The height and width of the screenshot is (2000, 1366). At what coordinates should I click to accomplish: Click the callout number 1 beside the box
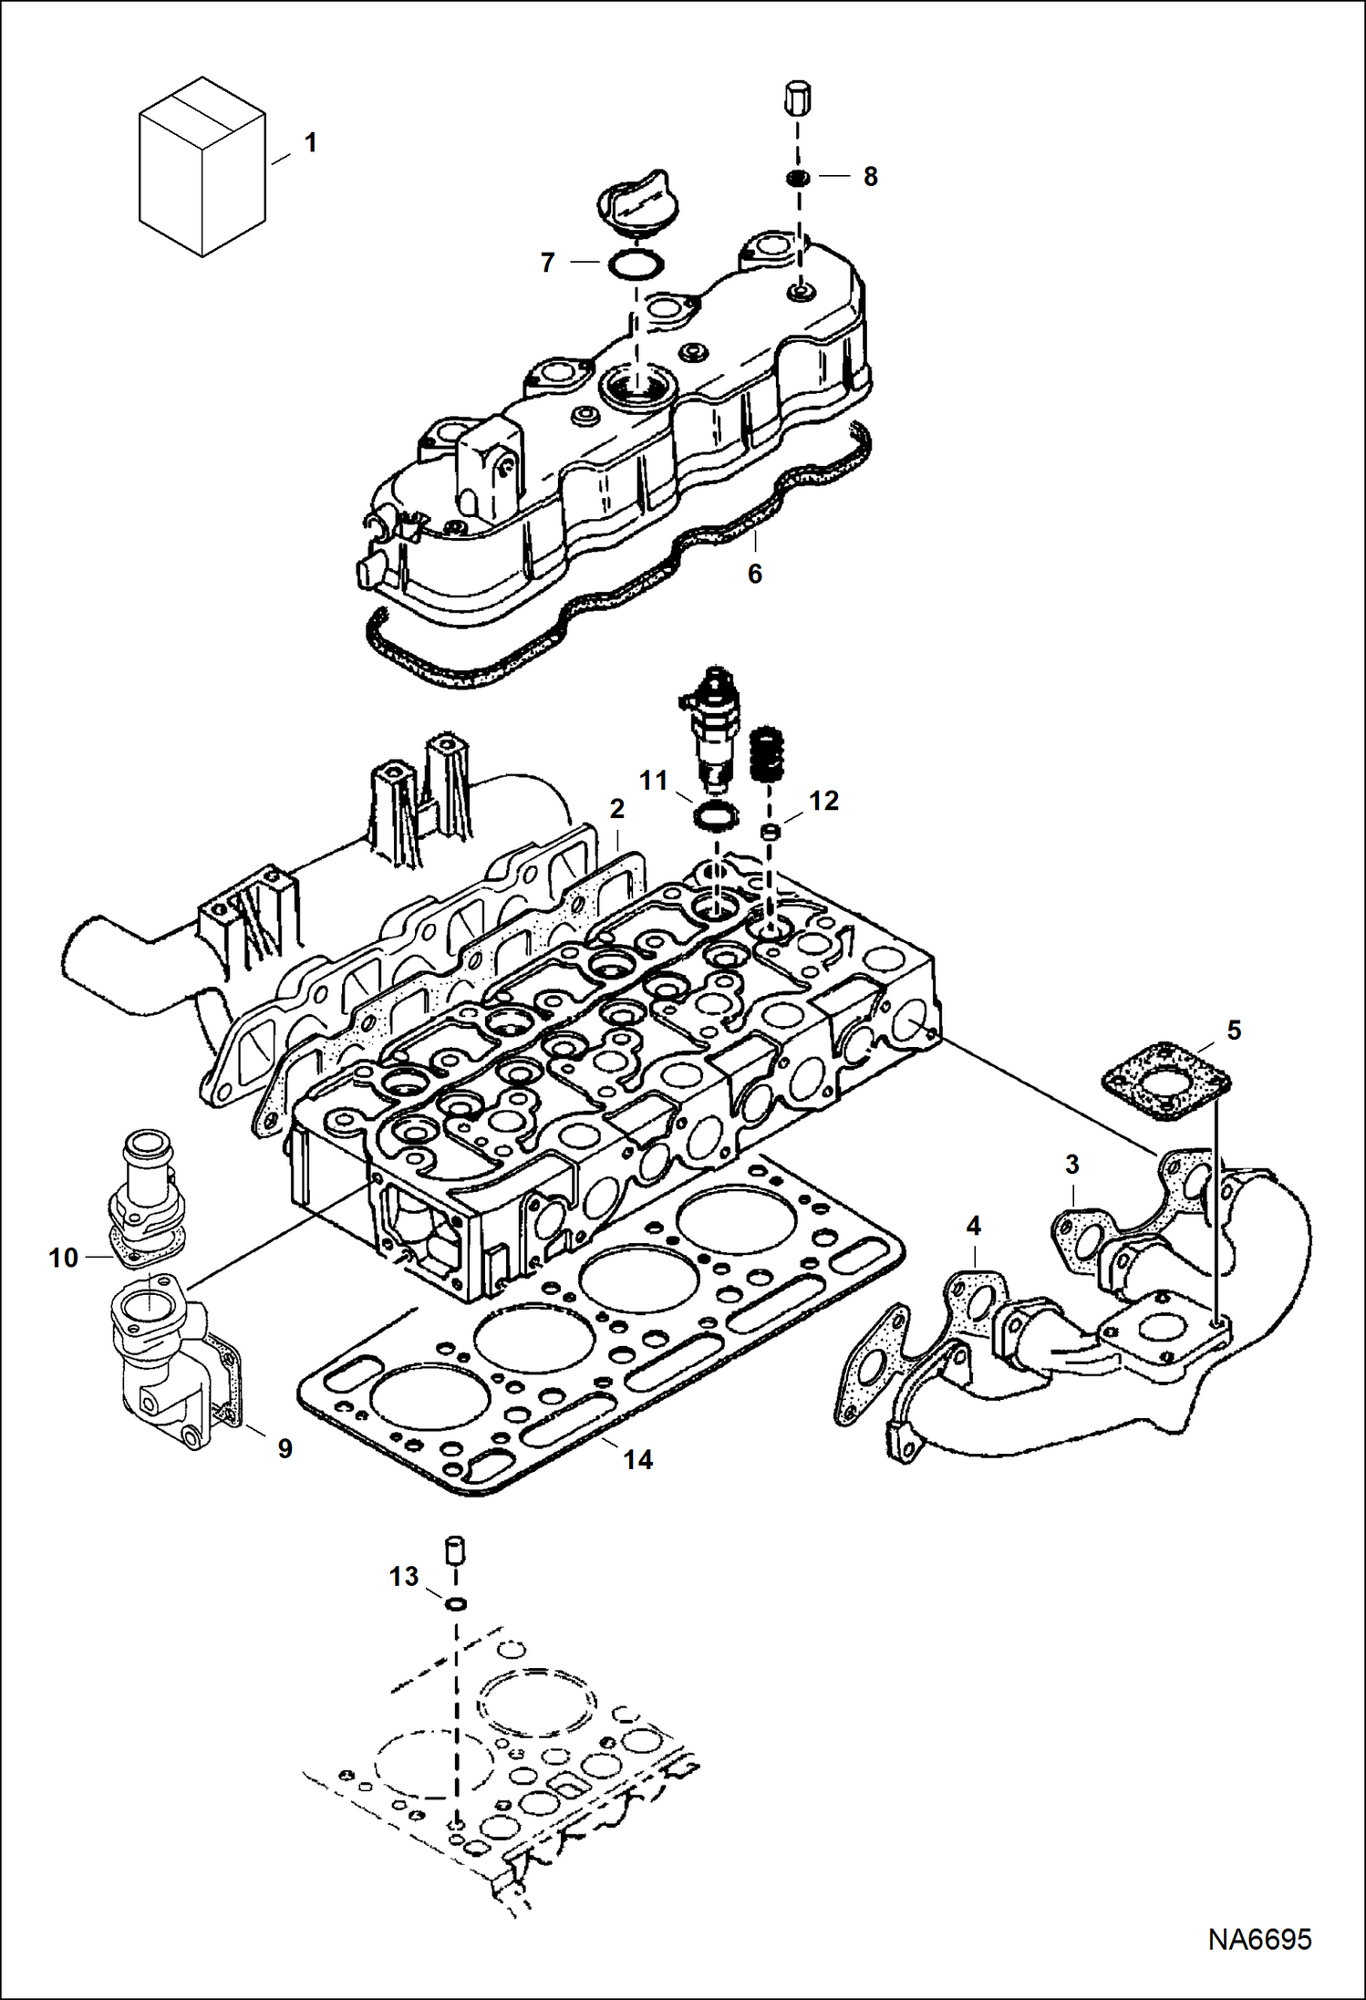(x=310, y=143)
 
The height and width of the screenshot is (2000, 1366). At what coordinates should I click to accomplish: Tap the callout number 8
(x=870, y=177)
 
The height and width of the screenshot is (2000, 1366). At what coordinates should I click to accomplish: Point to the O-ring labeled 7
(x=636, y=264)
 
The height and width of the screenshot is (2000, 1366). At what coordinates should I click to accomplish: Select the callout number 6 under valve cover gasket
(x=754, y=574)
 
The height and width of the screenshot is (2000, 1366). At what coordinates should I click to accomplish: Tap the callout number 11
(x=653, y=781)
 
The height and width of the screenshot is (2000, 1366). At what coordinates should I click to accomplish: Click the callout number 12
(x=823, y=801)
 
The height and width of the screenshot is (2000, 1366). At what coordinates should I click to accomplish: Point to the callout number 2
(x=617, y=809)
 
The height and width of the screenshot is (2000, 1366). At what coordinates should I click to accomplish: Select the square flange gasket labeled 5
(x=1166, y=1086)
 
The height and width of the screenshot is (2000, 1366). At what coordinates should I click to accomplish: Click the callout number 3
(x=1071, y=1165)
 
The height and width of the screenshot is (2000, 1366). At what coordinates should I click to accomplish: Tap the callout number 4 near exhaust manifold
(x=973, y=1227)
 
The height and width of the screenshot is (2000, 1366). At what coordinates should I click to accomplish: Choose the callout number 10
(x=63, y=1259)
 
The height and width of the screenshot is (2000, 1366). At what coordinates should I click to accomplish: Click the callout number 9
(x=285, y=1448)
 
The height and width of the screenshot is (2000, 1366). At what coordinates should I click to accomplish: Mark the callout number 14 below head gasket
(x=637, y=1460)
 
